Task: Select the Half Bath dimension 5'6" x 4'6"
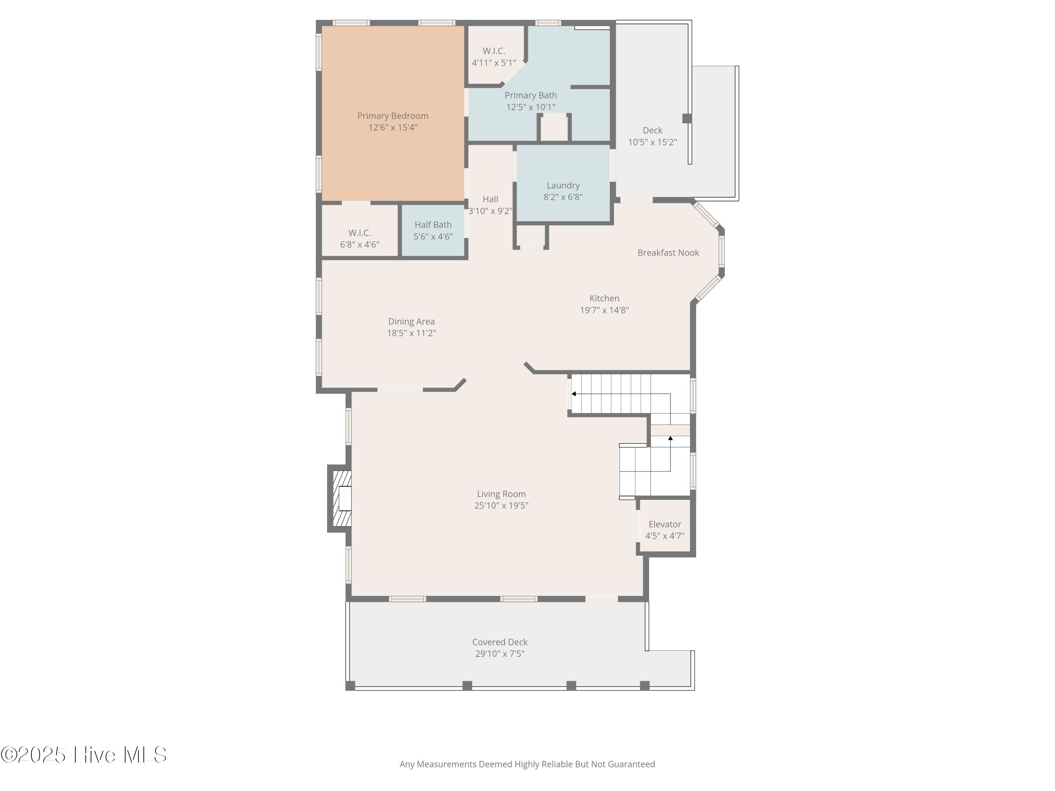433,237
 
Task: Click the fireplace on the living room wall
340,498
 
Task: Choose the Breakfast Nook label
668,253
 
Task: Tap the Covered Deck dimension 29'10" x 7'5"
499,654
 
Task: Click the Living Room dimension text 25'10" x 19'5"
501,506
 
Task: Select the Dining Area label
411,322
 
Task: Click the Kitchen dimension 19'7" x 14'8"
604,310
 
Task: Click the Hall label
490,199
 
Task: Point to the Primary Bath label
530,95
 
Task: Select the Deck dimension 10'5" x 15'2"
652,142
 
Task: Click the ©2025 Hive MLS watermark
84,755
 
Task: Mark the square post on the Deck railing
687,118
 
